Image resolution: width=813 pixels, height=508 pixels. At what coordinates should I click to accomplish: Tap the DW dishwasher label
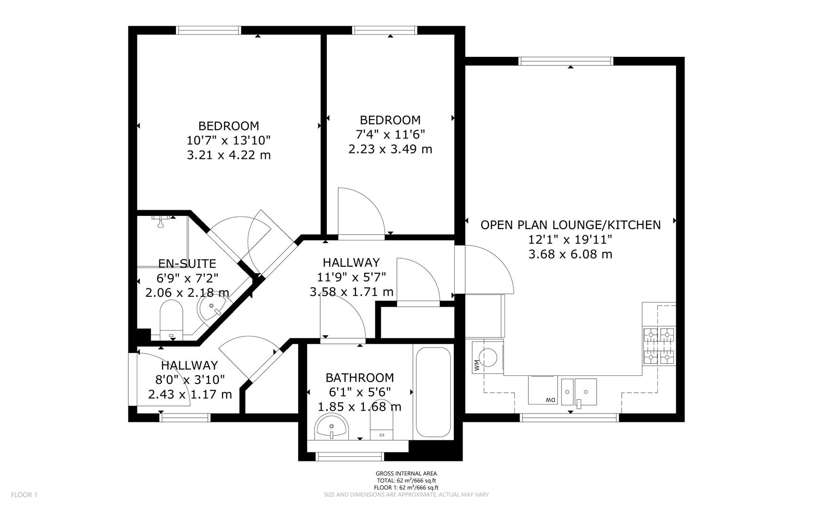point(550,400)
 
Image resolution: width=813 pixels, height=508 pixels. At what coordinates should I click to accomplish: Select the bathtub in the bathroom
point(433,392)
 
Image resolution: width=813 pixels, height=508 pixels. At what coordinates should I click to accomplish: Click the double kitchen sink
point(579,391)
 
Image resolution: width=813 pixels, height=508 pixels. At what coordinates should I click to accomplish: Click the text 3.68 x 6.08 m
point(570,254)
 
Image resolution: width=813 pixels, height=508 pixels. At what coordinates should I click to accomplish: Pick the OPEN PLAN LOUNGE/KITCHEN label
point(570,225)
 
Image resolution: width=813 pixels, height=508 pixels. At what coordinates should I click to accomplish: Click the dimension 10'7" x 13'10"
point(229,140)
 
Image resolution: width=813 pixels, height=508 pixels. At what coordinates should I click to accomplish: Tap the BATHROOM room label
point(360,378)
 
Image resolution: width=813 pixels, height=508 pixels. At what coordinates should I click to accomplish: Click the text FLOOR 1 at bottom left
point(24,494)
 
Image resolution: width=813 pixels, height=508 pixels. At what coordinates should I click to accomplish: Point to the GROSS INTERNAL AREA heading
point(406,474)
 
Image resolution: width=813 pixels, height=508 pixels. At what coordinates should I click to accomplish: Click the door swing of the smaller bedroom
point(360,211)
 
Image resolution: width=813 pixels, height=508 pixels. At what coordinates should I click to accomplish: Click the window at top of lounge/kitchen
point(566,61)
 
